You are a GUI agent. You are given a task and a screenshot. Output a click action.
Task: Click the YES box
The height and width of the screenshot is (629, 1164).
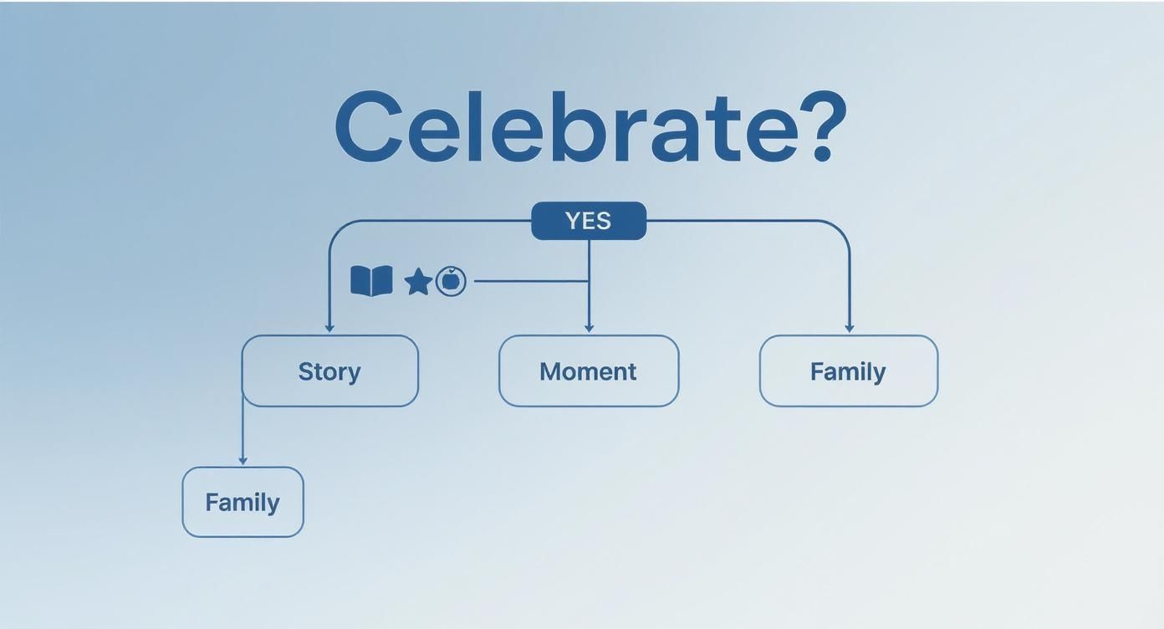[x=589, y=221]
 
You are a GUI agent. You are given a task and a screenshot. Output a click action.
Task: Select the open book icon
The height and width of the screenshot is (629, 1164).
[x=371, y=281]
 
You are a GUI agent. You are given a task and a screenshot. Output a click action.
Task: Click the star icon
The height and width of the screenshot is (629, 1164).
[x=417, y=282]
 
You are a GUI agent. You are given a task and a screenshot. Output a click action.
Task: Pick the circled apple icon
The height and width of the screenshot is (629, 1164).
[x=451, y=281]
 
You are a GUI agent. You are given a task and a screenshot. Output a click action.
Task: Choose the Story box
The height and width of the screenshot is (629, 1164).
[x=329, y=371]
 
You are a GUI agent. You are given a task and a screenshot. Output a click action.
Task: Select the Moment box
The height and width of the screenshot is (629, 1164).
[x=589, y=371]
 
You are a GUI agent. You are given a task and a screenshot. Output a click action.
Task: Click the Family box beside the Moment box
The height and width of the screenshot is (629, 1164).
[x=848, y=371]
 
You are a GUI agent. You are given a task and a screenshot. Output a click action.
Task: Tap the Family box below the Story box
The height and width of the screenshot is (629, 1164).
[x=242, y=502]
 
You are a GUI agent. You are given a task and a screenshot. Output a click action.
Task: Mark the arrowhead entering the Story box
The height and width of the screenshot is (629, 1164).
[x=329, y=328]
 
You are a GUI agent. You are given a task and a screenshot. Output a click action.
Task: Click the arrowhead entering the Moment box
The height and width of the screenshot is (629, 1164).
[x=589, y=328]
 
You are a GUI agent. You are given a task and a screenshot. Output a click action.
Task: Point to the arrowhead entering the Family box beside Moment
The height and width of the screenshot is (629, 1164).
[x=850, y=328]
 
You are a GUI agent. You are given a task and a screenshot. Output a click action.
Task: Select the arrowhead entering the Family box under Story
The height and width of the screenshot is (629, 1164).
[x=242, y=460]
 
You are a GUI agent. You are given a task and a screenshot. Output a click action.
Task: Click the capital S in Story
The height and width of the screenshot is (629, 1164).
[x=306, y=371]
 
